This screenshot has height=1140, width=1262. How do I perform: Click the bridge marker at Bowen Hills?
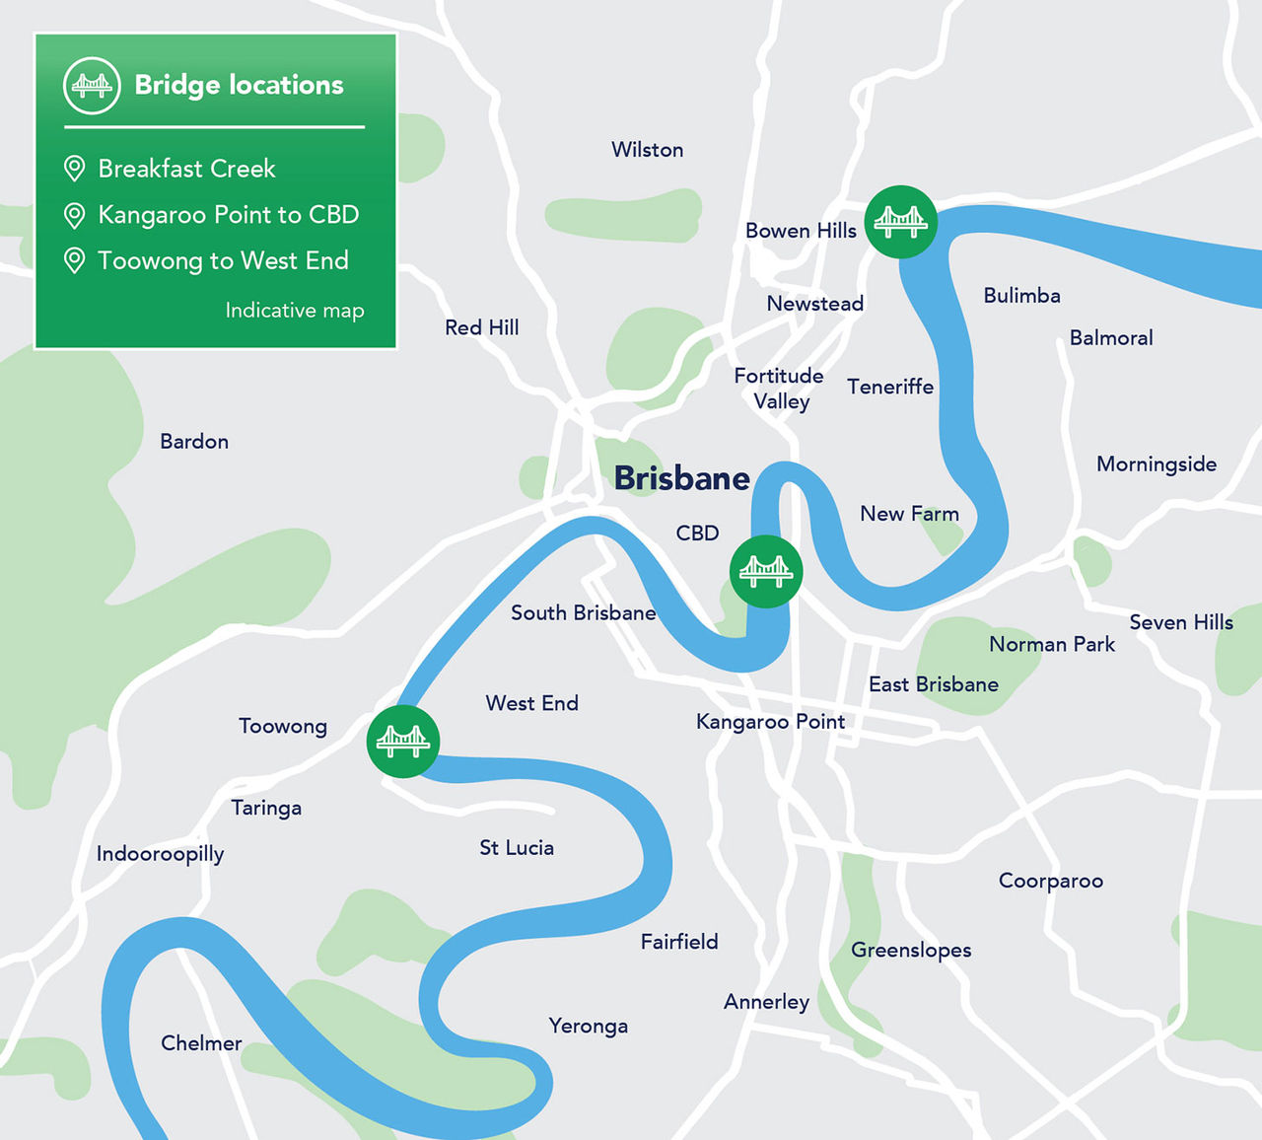click(900, 222)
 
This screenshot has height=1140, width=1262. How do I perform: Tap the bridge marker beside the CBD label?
click(766, 571)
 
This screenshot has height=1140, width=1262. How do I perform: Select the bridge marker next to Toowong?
click(402, 741)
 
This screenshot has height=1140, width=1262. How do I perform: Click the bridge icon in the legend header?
click(92, 86)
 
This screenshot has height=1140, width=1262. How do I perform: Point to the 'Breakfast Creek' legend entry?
click(186, 169)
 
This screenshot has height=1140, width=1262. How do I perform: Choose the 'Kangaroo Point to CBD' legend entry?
click(228, 215)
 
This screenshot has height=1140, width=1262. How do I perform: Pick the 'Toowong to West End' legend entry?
click(223, 260)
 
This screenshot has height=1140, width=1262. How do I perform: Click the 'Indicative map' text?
click(294, 310)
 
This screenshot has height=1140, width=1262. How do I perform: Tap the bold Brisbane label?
click(681, 478)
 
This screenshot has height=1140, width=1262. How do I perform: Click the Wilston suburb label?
click(647, 150)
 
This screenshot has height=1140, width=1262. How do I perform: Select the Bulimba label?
click(1021, 296)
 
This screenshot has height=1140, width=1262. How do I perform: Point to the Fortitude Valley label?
click(779, 389)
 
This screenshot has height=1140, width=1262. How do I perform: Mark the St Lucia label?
click(517, 848)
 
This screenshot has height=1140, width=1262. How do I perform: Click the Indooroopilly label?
click(160, 854)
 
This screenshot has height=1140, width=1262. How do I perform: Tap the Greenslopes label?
click(911, 950)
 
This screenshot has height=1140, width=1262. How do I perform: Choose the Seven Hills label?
click(1181, 622)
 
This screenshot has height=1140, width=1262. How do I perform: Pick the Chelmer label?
click(201, 1043)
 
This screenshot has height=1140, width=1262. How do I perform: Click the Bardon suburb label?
click(194, 442)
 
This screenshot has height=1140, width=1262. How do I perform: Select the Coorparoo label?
click(1050, 881)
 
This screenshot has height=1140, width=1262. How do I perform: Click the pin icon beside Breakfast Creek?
click(74, 169)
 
